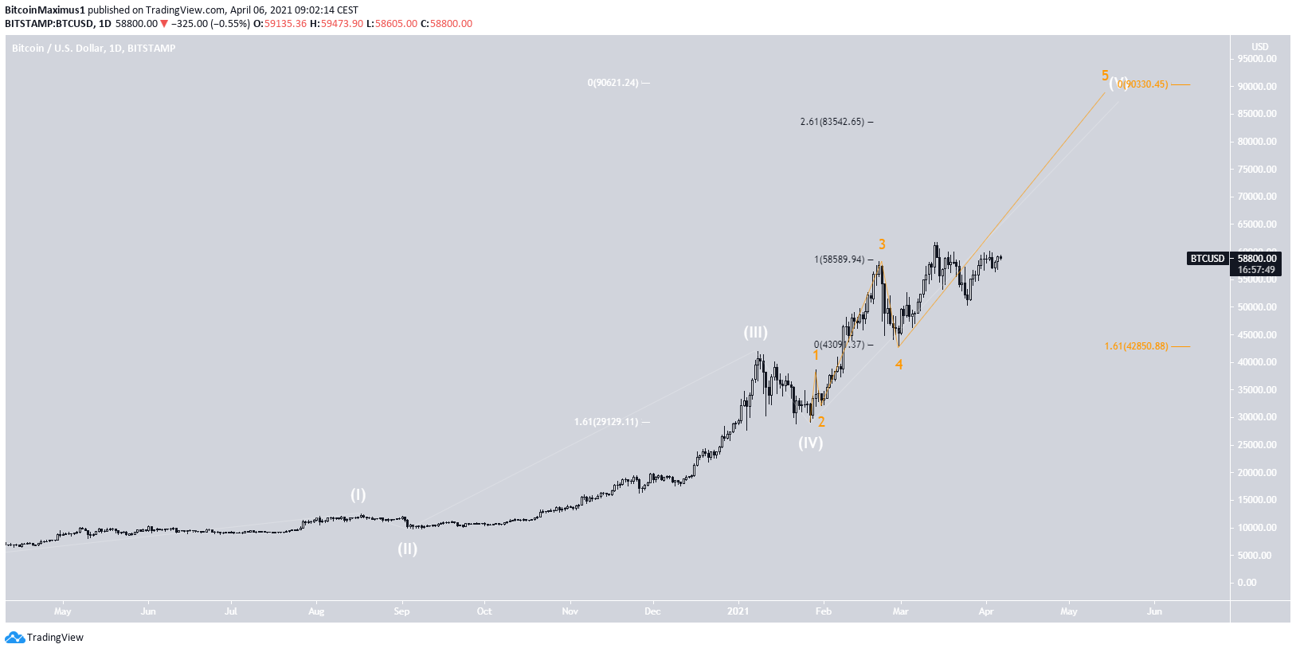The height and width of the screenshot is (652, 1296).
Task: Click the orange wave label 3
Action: tap(882, 244)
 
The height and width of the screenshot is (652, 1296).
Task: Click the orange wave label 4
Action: tap(899, 365)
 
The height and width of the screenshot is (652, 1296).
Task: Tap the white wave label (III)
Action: tap(755, 333)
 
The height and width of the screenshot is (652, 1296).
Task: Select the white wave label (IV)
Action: tap(811, 443)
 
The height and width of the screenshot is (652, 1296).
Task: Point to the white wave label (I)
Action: tap(358, 495)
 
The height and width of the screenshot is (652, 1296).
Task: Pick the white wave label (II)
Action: tap(407, 549)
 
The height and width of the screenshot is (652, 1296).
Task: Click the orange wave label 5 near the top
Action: tap(1105, 76)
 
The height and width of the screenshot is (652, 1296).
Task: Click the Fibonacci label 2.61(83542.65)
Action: tap(832, 122)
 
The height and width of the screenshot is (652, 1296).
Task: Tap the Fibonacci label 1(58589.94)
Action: tap(839, 260)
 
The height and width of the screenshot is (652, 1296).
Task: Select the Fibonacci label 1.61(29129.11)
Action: tap(606, 422)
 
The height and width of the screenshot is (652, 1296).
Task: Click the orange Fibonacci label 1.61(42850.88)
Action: tap(1136, 346)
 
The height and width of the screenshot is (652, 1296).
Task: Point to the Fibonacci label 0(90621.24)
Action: tap(613, 83)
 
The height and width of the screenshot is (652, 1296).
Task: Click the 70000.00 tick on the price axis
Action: tap(1257, 197)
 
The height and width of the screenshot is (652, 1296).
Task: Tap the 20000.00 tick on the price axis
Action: tap(1257, 473)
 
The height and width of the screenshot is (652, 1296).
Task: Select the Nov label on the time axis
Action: tap(570, 611)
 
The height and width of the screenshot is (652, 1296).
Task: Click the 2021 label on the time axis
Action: tap(738, 611)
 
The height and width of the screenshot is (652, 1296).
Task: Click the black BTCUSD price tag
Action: tap(1207, 259)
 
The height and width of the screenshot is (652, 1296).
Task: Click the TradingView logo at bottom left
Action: tap(45, 637)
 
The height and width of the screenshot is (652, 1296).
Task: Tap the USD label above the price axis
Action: tap(1259, 47)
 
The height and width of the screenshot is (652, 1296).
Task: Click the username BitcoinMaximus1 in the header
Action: tap(45, 10)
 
